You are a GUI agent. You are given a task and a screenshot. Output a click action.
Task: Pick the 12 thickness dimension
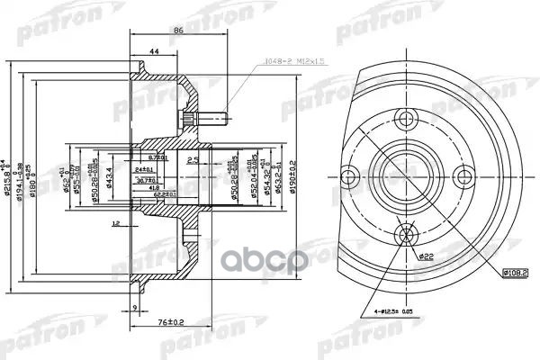116,222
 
